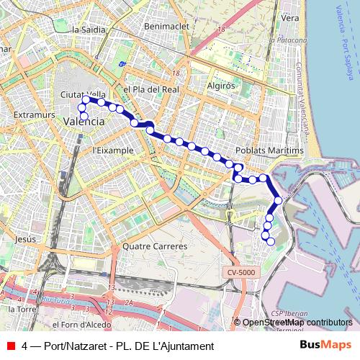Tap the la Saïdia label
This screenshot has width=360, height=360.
[89, 30]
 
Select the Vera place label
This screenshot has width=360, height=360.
[290, 17]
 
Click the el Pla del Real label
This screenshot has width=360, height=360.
[150, 89]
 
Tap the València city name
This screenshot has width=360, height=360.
[84, 122]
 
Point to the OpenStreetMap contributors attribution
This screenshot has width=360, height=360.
[296, 323]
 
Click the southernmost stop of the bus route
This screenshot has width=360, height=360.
[271, 242]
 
